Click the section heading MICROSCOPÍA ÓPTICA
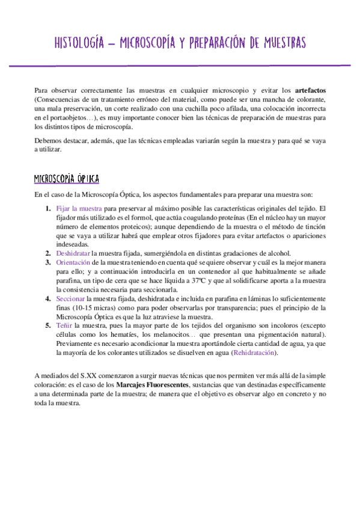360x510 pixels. point(67,179)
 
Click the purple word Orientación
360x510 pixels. point(76,263)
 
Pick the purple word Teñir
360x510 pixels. point(64,325)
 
